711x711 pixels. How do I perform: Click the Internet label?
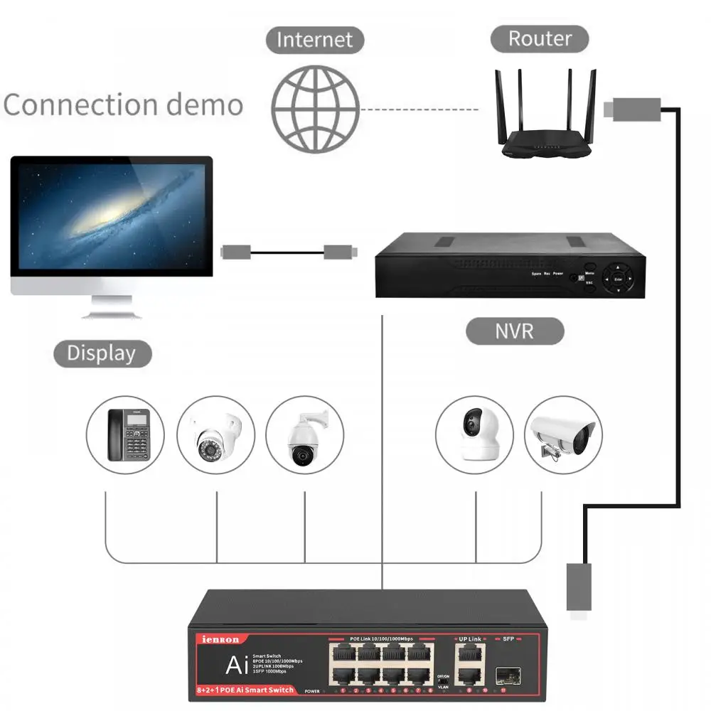tap(314, 39)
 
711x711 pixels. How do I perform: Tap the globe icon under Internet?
tap(315, 109)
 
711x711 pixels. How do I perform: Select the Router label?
tap(540, 38)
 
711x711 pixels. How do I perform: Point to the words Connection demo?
tap(123, 105)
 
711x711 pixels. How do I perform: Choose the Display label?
tap(102, 353)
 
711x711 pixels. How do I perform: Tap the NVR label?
tap(515, 331)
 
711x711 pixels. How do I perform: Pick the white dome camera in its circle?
tap(215, 435)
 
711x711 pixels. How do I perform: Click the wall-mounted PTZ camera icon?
tap(304, 435)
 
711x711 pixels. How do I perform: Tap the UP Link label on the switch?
tap(470, 639)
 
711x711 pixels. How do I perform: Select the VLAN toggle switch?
tap(442, 681)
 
